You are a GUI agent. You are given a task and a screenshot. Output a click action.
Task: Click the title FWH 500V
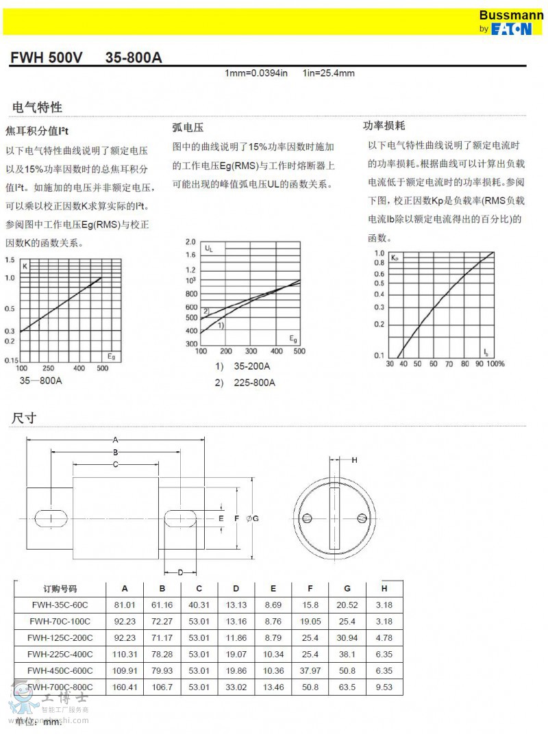pyautogui.click(x=46, y=58)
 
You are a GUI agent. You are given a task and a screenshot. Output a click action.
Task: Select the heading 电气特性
pyautogui.click(x=37, y=107)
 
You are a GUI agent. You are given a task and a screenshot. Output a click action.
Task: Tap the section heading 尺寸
pyautogui.click(x=24, y=418)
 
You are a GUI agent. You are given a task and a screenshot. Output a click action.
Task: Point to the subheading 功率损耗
pyautogui.click(x=384, y=126)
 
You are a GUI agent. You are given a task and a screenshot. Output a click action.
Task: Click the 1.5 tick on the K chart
pyautogui.click(x=10, y=260)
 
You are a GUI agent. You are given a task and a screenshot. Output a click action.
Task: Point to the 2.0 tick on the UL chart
pyautogui.click(x=190, y=242)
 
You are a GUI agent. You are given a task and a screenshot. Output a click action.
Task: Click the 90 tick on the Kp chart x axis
pyautogui.click(x=479, y=364)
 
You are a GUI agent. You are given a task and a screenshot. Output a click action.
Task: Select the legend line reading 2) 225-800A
pyautogui.click(x=245, y=383)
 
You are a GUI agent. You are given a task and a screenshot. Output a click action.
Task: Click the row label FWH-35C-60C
pyautogui.click(x=60, y=605)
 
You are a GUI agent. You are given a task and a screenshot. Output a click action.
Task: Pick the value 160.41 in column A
pyautogui.click(x=125, y=687)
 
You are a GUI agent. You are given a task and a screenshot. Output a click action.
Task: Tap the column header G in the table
pyautogui.click(x=347, y=589)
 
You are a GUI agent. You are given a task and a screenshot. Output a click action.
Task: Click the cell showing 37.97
pyautogui.click(x=310, y=670)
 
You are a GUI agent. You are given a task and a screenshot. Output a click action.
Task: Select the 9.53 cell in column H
pyautogui.click(x=384, y=687)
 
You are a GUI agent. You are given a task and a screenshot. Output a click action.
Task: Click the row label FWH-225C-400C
pyautogui.click(x=60, y=654)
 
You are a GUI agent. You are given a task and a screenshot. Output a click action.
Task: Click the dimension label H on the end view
pyautogui.click(x=354, y=460)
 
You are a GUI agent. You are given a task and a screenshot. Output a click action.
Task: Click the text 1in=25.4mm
pyautogui.click(x=328, y=74)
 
